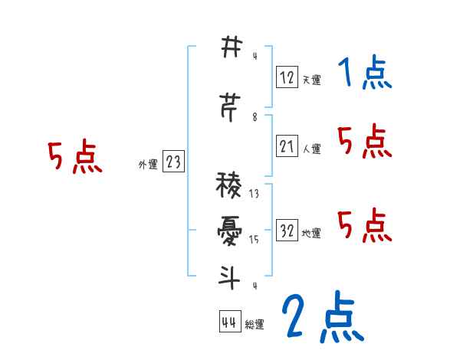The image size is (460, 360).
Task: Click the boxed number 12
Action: (287, 77)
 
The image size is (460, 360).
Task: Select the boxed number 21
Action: (287, 146)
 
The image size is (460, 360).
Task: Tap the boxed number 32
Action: (287, 231)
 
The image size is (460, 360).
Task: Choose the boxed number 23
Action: (174, 162)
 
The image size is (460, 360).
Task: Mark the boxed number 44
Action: (229, 322)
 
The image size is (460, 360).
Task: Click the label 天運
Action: (311, 80)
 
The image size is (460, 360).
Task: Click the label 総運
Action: (255, 325)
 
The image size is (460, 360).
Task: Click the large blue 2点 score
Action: (322, 316)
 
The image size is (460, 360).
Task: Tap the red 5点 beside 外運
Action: (74, 158)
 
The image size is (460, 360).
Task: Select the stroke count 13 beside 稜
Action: (254, 194)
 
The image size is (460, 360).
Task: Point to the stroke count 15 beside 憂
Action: (254, 240)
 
